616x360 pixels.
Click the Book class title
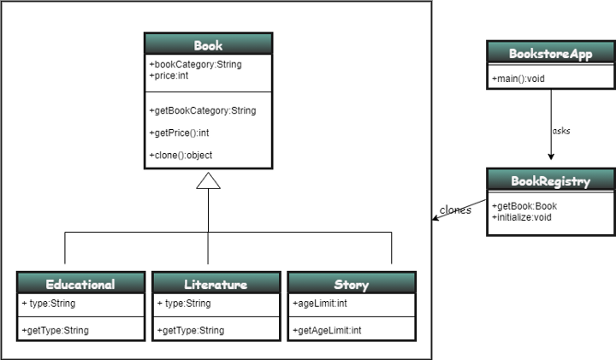point(208,45)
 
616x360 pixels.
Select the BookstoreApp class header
point(550,53)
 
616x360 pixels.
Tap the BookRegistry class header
point(550,181)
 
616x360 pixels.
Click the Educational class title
point(80,284)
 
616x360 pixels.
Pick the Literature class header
point(216,284)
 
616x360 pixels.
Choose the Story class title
point(351,284)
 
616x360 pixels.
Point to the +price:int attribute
point(169,76)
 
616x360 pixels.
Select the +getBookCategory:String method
point(202,110)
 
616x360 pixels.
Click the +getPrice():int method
point(179,133)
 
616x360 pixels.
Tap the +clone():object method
point(181,155)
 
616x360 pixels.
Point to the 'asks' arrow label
point(561,131)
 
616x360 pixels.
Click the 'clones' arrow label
point(455,210)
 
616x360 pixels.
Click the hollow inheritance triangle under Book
point(208,180)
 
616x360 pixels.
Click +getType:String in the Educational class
point(56,330)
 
